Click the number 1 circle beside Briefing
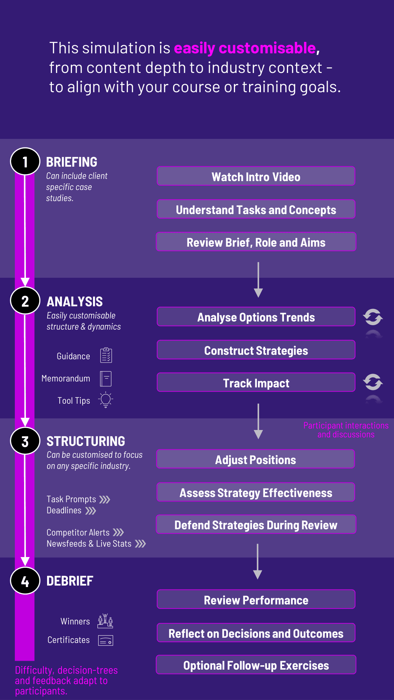[25, 161]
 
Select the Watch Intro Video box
[256, 176]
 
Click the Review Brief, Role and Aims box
[256, 242]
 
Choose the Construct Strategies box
[256, 350]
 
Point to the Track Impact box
[256, 383]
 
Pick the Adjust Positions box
[256, 459]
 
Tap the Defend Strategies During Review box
[256, 524]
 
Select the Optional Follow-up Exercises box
[256, 665]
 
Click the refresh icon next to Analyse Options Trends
[373, 317]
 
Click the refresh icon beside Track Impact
[373, 382]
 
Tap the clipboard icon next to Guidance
[106, 355]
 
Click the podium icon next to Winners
[105, 621]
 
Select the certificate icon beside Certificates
[106, 640]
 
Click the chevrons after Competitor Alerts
[118, 533]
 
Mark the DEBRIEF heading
[70, 581]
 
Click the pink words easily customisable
[245, 48]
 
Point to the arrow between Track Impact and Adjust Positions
[258, 421]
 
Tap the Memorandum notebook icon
[106, 379]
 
